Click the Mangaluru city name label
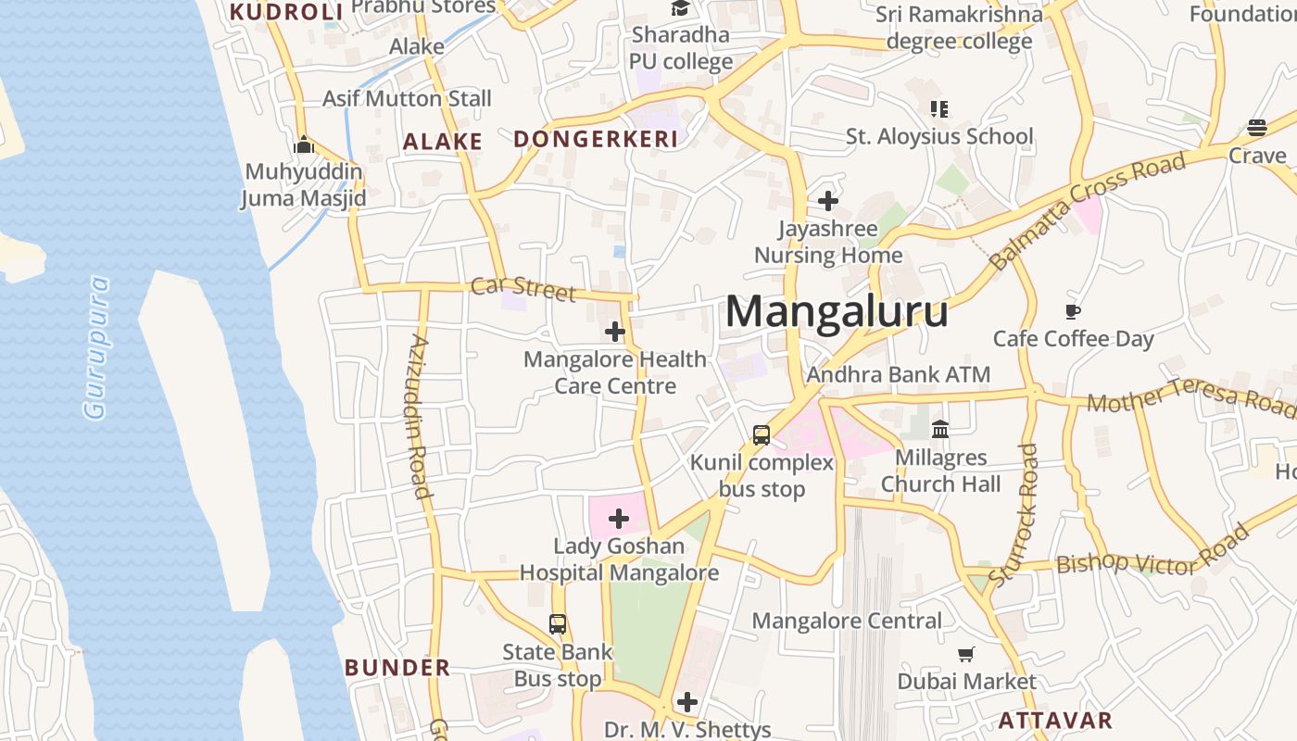click(837, 311)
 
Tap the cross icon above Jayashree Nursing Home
click(828, 200)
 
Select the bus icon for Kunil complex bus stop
click(762, 434)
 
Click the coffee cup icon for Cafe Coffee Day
click(1073, 311)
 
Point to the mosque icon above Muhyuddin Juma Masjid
click(304, 144)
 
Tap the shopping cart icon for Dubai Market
click(966, 655)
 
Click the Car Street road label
click(523, 288)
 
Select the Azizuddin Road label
click(420, 417)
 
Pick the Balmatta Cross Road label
click(1088, 211)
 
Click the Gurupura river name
click(96, 347)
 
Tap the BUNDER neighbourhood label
click(397, 668)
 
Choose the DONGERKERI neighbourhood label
click(596, 140)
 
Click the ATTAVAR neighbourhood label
click(1055, 721)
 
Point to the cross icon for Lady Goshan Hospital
click(619, 519)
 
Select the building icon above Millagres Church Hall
click(940, 429)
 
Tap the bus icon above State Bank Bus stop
click(558, 624)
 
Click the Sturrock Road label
click(1014, 514)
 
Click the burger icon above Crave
click(1257, 127)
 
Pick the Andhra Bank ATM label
click(899, 374)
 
